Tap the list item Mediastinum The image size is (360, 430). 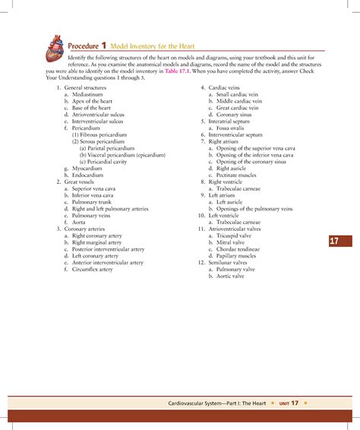tap(87, 96)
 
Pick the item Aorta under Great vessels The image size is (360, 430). tap(79, 221)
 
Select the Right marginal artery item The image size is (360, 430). tap(96, 242)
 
